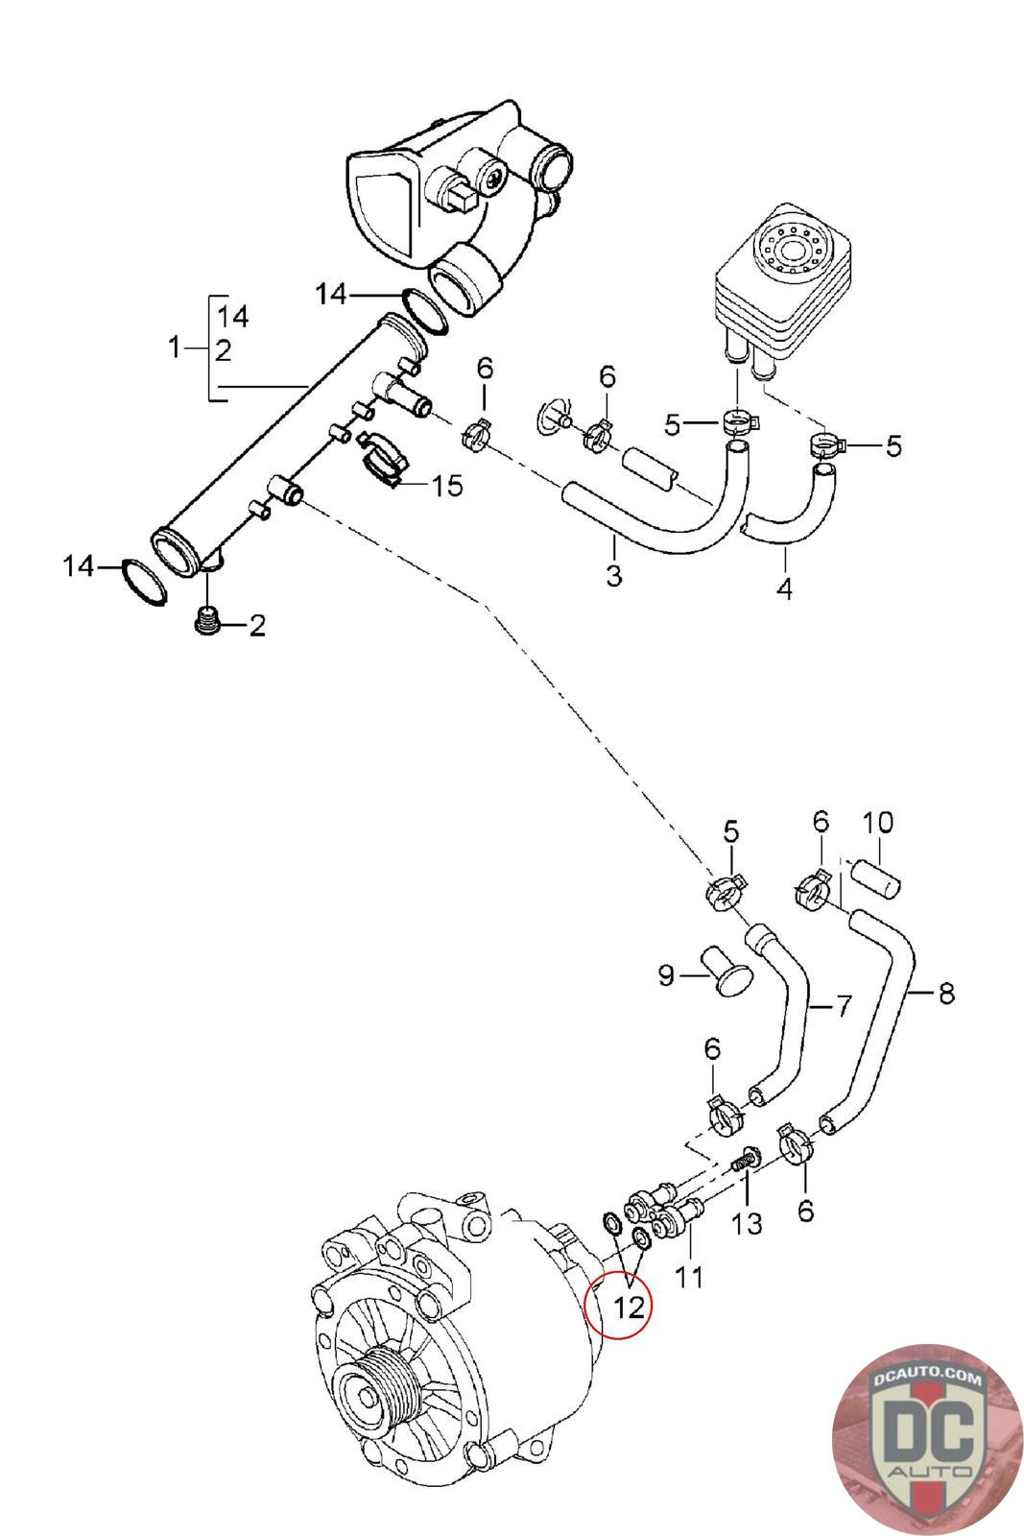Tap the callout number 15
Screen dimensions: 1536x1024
447,486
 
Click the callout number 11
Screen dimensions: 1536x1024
689,1277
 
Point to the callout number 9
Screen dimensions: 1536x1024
667,977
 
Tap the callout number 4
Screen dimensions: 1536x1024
784,588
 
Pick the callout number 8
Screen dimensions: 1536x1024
946,994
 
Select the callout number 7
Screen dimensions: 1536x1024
843,1006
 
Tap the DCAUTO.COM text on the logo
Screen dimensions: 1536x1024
929,1380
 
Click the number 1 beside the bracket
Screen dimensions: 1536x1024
174,347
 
